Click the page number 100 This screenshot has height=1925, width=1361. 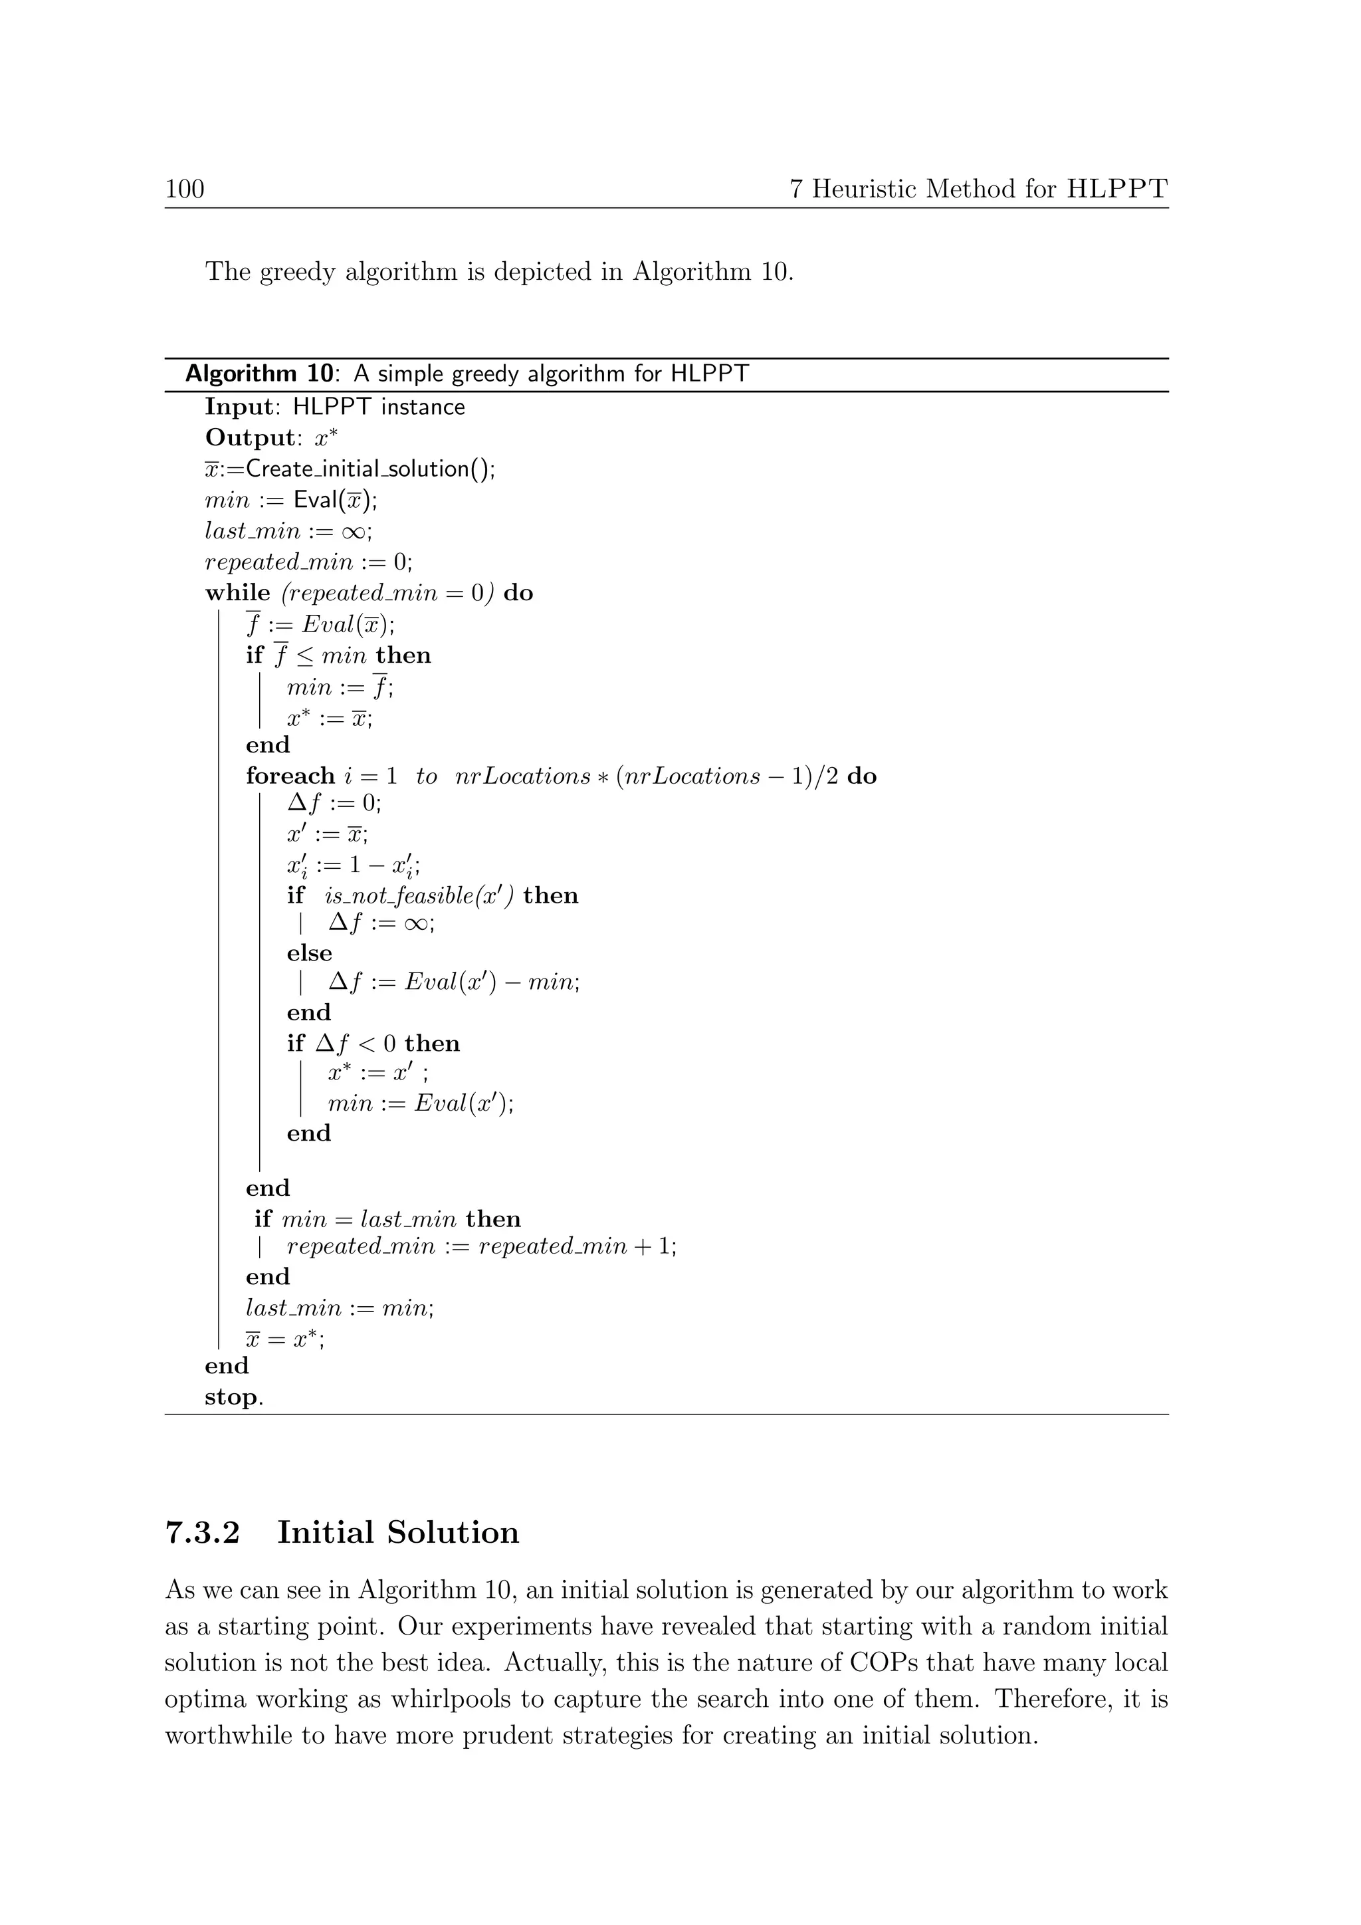pos(184,189)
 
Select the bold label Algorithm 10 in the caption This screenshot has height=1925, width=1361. pos(258,374)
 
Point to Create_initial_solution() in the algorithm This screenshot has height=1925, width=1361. pos(369,469)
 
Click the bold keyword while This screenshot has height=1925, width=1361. pos(237,593)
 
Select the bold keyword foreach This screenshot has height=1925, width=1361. pos(290,776)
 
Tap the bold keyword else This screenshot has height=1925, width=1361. pos(309,953)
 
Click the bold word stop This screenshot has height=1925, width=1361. pos(231,1398)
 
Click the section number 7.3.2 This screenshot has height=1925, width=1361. pos(202,1533)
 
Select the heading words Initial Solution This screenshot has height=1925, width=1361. pos(398,1533)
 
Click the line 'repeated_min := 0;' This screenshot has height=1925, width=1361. pos(308,562)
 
